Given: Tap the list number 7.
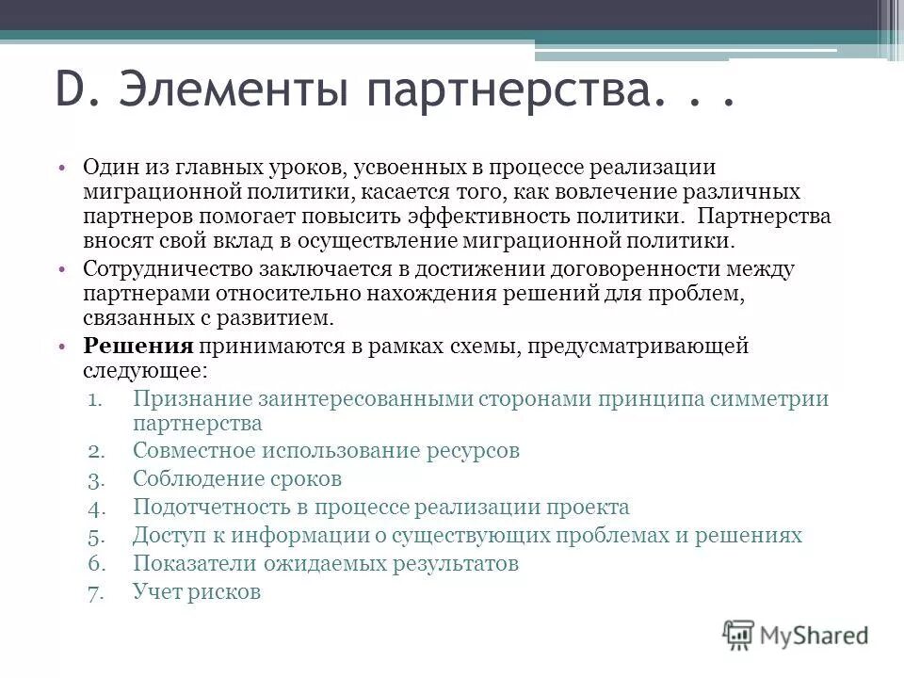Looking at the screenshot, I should [109, 593].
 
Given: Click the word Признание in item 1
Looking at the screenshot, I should [190, 398].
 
